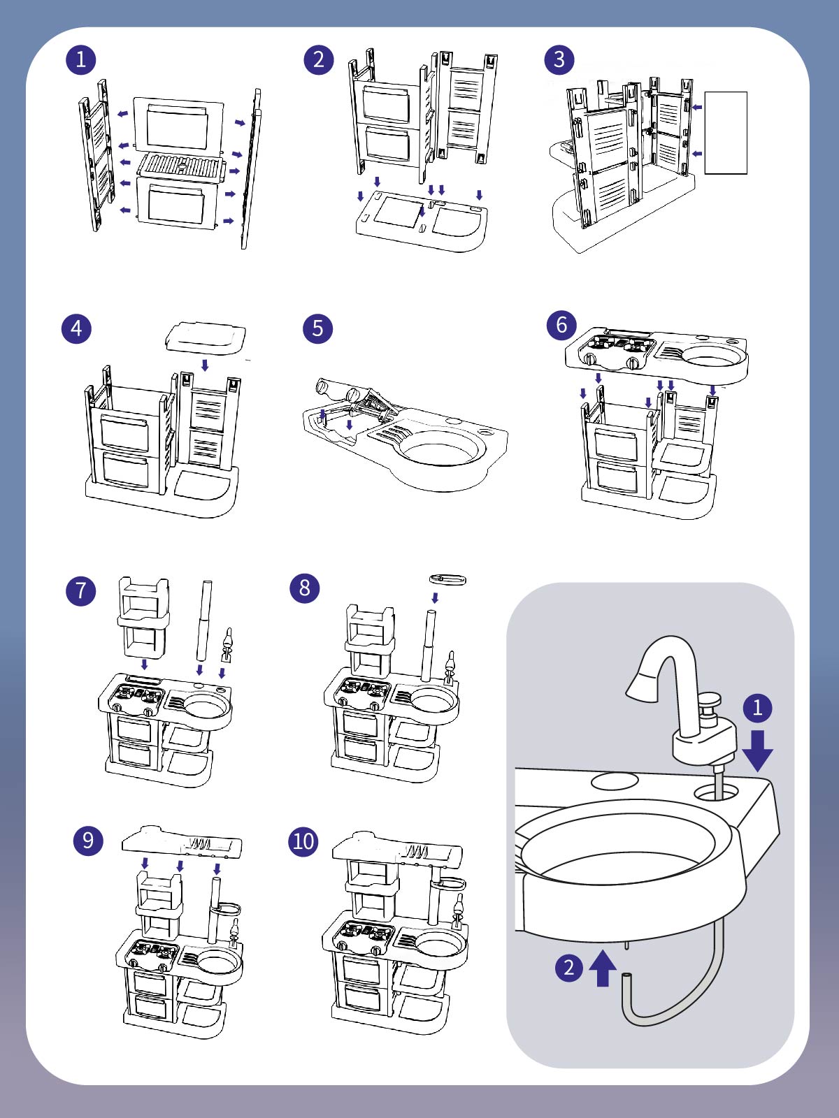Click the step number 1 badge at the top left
pyautogui.click(x=80, y=59)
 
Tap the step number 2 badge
pyautogui.click(x=318, y=59)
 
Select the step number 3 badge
pyautogui.click(x=559, y=59)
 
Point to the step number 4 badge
pyautogui.click(x=76, y=328)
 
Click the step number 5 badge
pyautogui.click(x=317, y=328)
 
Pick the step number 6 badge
pyautogui.click(x=561, y=325)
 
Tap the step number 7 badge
pyautogui.click(x=80, y=590)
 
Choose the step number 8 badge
pyautogui.click(x=304, y=588)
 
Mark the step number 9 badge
pyautogui.click(x=88, y=840)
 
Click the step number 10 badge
pyautogui.click(x=303, y=841)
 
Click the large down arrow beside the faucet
pyautogui.click(x=757, y=751)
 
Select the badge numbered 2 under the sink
pyautogui.click(x=569, y=968)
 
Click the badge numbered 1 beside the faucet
pyautogui.click(x=757, y=708)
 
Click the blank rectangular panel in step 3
pyautogui.click(x=726, y=133)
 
